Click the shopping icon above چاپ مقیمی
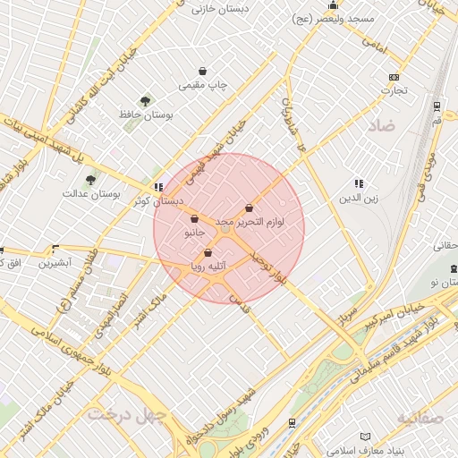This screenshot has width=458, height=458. [204, 72]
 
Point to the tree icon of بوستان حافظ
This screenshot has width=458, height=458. [146, 101]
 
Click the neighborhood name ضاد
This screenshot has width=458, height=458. [381, 127]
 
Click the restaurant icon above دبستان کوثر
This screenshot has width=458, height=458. [158, 188]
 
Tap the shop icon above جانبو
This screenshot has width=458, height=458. [194, 218]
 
